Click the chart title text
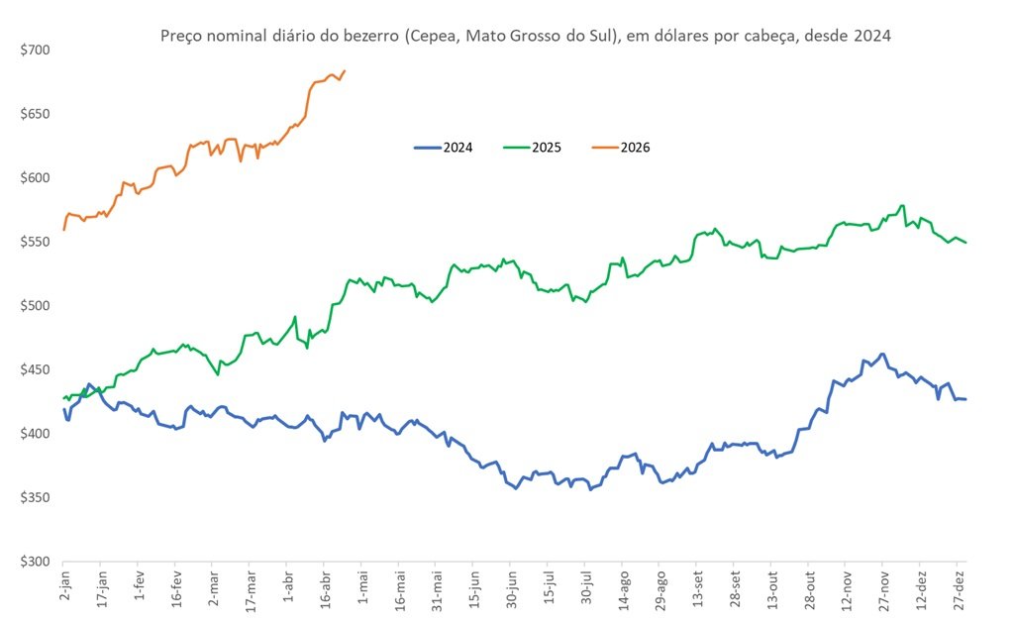(525, 37)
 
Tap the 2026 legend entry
(622, 148)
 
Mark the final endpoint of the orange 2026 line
(345, 70)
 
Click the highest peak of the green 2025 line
(902, 205)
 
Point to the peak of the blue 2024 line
(882, 354)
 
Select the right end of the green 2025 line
(965, 243)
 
